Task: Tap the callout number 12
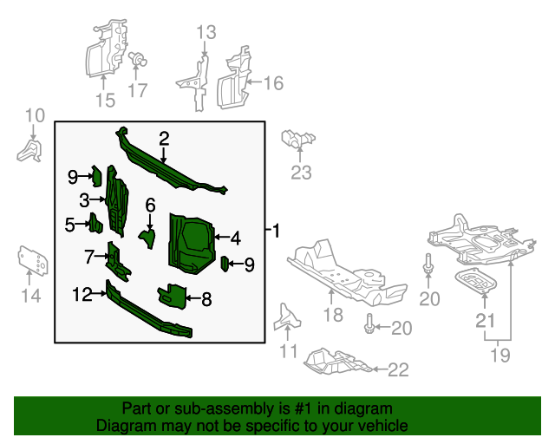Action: point(82,295)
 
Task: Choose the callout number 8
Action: point(206,301)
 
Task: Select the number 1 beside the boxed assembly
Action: point(276,232)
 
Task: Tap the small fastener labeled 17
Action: point(137,60)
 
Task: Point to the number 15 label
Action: point(104,101)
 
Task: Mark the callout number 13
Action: point(205,33)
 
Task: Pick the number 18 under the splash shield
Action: point(334,316)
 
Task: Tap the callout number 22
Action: point(397,370)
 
